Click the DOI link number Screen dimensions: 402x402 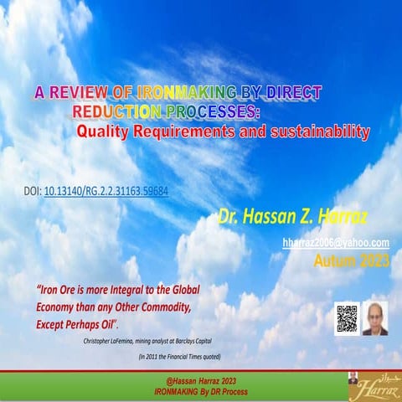[106, 191]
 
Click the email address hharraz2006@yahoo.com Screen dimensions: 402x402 [336, 243]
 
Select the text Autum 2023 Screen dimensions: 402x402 [351, 261]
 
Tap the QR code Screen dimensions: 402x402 [346, 318]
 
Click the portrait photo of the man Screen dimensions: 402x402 [374, 318]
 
